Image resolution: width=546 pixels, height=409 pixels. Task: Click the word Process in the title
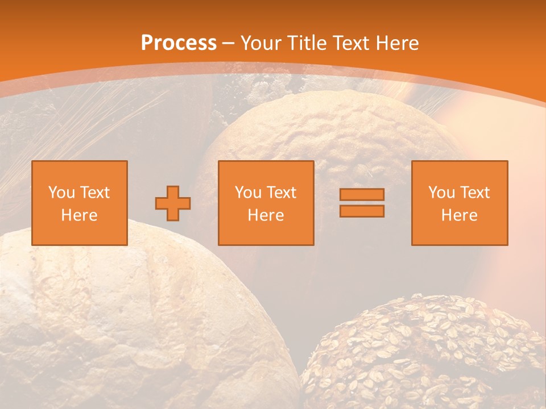pos(179,43)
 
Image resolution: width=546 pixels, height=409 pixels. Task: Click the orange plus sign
pos(173,203)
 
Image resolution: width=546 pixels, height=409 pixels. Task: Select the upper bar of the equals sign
pos(362,194)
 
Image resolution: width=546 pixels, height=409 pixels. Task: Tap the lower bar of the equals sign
pos(362,211)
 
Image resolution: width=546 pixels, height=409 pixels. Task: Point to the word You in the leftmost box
pos(61,193)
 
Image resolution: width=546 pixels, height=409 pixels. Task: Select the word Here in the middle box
pos(266,215)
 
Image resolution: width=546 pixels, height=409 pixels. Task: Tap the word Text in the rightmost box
pos(475,193)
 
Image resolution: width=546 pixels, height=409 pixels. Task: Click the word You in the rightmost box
pos(441,193)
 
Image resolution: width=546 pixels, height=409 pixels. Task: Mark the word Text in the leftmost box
pos(95,193)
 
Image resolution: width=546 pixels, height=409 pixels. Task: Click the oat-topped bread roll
pos(421,352)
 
